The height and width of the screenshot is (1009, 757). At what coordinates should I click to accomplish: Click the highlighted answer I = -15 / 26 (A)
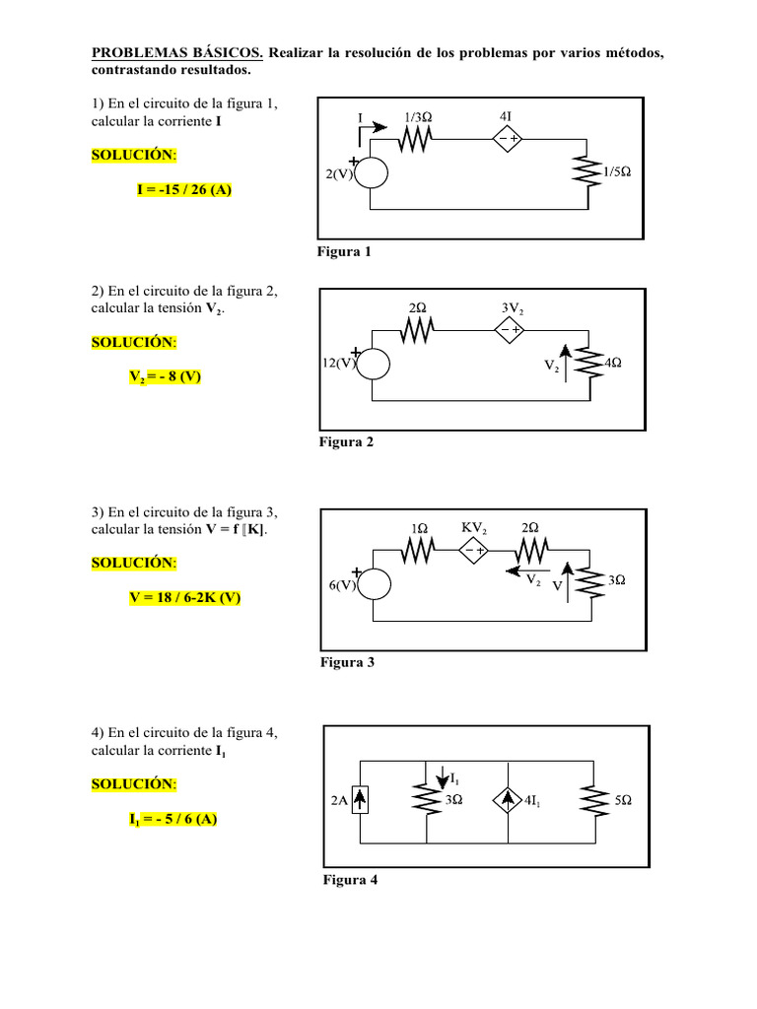(x=183, y=189)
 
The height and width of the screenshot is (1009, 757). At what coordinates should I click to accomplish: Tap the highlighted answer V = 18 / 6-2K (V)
(x=183, y=596)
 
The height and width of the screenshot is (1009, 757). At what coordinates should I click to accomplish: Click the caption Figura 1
(x=344, y=252)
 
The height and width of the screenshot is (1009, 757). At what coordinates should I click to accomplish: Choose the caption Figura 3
(x=347, y=662)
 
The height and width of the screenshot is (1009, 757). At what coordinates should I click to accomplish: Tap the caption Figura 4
(x=350, y=880)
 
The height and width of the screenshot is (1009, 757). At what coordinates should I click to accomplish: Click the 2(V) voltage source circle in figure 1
(x=373, y=174)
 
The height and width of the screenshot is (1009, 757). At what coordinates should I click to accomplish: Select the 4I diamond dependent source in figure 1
(x=508, y=139)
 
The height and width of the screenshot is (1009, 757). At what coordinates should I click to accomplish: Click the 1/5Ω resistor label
(x=617, y=170)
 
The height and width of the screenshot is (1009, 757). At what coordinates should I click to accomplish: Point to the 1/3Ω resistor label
(x=418, y=117)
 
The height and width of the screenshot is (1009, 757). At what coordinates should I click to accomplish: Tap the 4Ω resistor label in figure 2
(x=612, y=363)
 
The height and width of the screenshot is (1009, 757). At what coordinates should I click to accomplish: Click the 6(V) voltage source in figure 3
(x=375, y=584)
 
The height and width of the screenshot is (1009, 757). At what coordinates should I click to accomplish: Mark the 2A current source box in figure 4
(x=362, y=802)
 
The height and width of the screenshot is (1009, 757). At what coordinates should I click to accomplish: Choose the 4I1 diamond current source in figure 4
(x=508, y=802)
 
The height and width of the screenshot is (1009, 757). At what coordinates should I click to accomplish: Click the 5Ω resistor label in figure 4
(x=623, y=802)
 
